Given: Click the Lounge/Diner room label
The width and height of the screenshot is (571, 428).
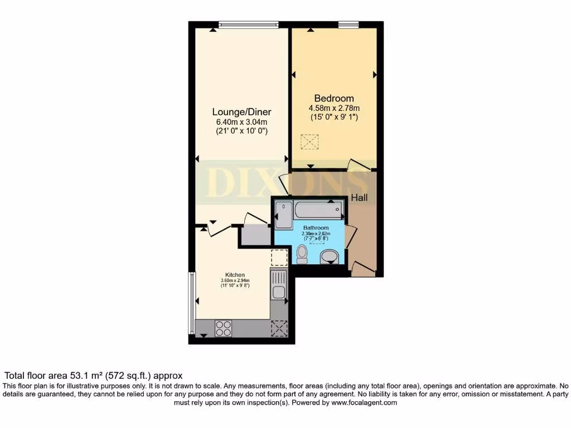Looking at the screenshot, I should click(241, 112).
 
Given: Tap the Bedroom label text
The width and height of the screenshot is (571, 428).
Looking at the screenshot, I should click(333, 99).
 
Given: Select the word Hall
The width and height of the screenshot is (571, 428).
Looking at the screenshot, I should click(359, 197).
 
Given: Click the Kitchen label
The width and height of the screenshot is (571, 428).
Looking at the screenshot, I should click(235, 275).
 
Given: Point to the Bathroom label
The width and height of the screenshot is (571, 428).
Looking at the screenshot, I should click(316, 228).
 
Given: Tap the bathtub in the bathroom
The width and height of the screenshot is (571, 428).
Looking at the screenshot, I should click(317, 210).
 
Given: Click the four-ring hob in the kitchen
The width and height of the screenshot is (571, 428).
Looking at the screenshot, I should click(224, 328).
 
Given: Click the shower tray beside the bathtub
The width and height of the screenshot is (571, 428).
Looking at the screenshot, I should click(284, 215).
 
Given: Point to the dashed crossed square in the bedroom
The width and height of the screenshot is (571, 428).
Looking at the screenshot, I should click(309, 142).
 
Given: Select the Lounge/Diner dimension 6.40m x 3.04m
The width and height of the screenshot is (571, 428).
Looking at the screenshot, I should click(241, 122).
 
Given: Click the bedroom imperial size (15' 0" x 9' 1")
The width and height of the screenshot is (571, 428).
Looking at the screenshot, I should click(334, 118).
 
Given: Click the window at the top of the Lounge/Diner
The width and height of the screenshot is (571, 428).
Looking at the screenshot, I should click(248, 24).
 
